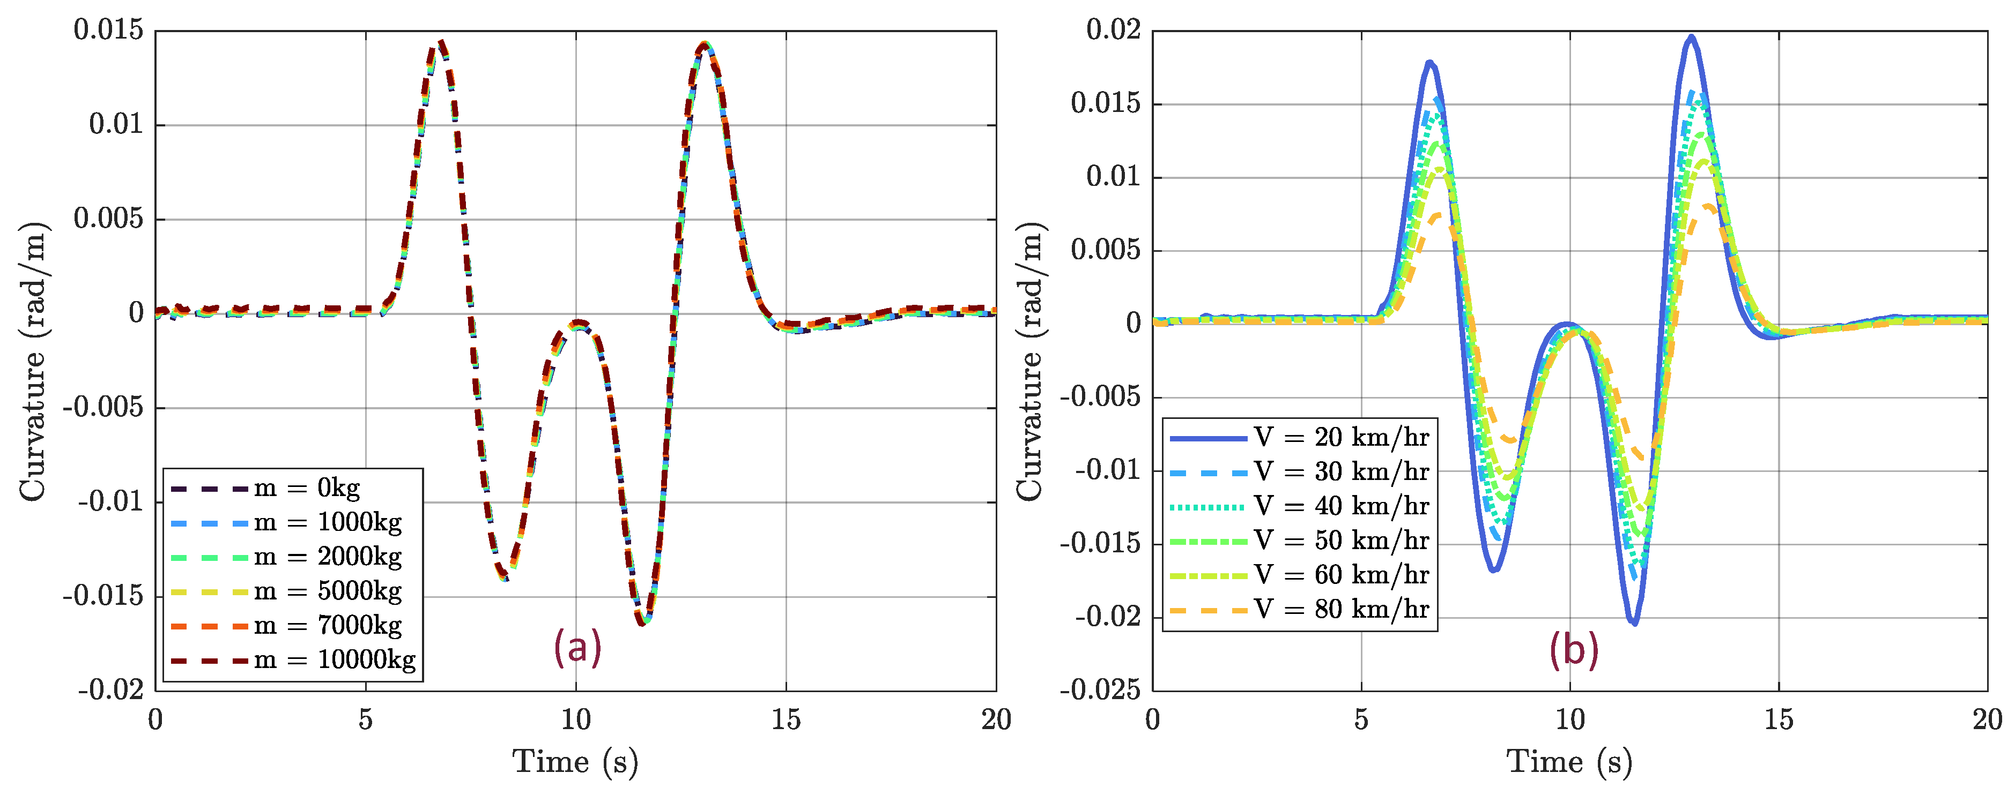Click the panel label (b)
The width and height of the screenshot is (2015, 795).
click(1574, 650)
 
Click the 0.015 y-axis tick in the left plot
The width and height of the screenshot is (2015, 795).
click(109, 31)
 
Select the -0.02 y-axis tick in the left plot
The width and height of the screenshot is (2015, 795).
click(110, 690)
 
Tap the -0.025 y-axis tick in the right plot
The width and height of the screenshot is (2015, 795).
click(1100, 690)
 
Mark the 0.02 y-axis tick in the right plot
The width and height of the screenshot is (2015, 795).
click(1113, 31)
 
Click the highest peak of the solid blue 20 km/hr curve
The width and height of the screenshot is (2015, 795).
click(1691, 37)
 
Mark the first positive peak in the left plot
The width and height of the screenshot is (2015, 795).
click(442, 43)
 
